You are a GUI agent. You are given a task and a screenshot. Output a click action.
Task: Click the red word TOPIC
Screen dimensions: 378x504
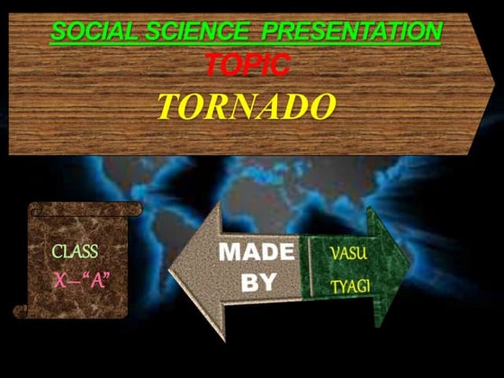click(x=247, y=65)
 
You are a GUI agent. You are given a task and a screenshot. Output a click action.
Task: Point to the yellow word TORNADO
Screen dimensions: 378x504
click(x=247, y=106)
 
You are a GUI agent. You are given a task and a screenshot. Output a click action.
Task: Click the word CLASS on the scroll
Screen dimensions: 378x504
click(x=75, y=251)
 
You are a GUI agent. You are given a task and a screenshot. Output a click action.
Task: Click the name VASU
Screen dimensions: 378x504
click(x=348, y=253)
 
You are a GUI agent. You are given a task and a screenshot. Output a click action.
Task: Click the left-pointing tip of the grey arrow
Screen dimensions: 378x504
click(x=172, y=269)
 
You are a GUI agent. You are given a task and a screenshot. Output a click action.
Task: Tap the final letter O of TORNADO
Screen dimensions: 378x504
click(x=322, y=106)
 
